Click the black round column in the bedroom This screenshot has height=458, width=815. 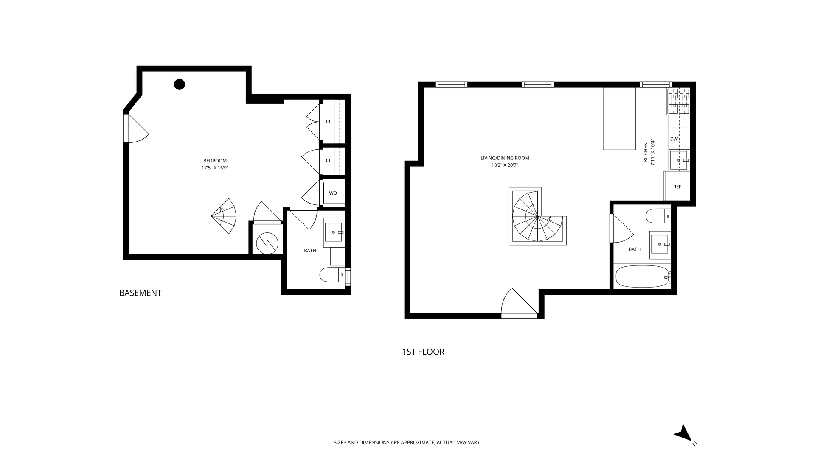click(x=180, y=84)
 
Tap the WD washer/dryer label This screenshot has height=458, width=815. click(x=333, y=193)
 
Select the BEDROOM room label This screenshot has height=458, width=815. click(x=215, y=161)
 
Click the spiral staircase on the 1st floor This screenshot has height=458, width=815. click(x=537, y=216)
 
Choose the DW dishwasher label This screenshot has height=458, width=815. click(x=674, y=139)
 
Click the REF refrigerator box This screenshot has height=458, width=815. click(x=677, y=186)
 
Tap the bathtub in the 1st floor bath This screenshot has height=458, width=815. click(x=643, y=276)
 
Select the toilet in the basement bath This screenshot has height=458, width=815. click(x=332, y=274)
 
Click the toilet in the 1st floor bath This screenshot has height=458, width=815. click(x=658, y=216)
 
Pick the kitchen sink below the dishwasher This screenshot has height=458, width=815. click(x=679, y=160)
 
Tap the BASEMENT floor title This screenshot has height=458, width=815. click(x=141, y=293)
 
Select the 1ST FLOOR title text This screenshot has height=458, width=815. click(x=423, y=352)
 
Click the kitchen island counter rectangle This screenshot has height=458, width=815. click(x=619, y=119)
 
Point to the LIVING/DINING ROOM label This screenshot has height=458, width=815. click(x=505, y=158)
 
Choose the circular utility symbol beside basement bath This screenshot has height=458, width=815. click(x=267, y=243)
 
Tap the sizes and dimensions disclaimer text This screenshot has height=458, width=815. click(x=407, y=442)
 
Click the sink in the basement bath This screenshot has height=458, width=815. click(x=334, y=232)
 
